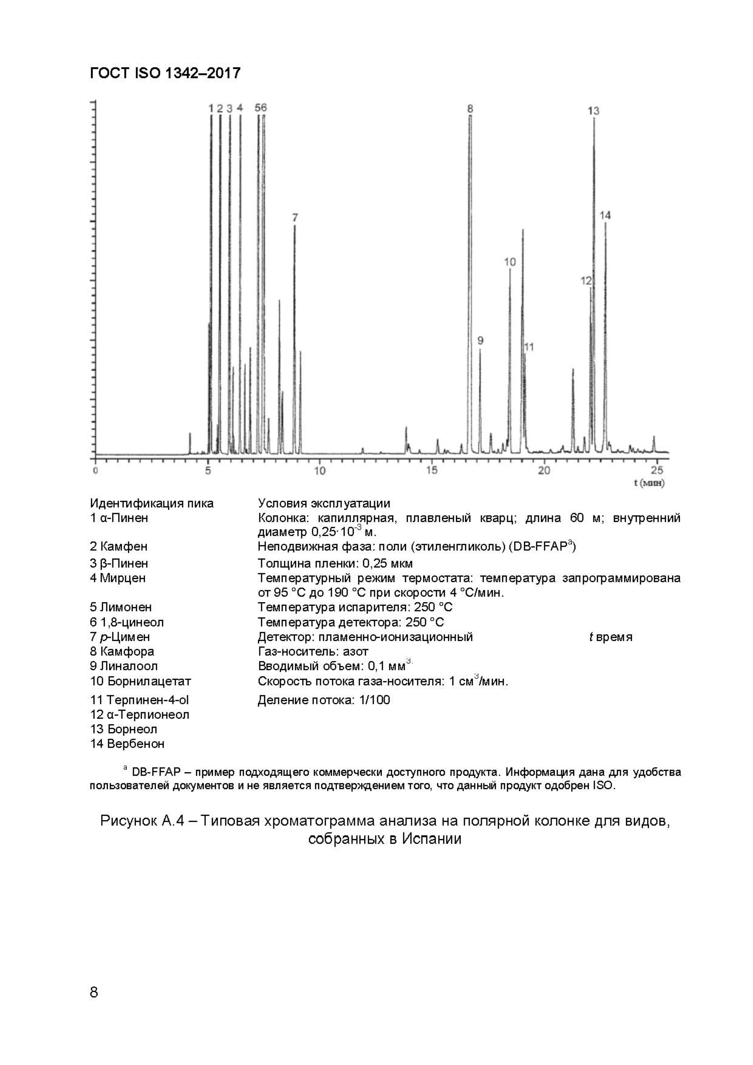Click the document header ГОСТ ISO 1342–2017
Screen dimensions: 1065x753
[165, 73]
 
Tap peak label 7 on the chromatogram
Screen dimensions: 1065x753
[295, 217]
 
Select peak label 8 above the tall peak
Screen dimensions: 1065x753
[470, 109]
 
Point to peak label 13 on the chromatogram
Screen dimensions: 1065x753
[593, 111]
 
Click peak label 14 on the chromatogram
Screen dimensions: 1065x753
[605, 215]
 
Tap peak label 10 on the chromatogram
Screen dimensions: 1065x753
[510, 262]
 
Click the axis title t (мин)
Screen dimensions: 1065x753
[649, 483]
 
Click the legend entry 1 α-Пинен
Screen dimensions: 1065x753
[119, 518]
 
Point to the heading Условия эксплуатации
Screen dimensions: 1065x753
[324, 503]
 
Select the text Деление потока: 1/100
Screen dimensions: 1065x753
[324, 700]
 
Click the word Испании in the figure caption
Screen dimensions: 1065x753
[431, 839]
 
